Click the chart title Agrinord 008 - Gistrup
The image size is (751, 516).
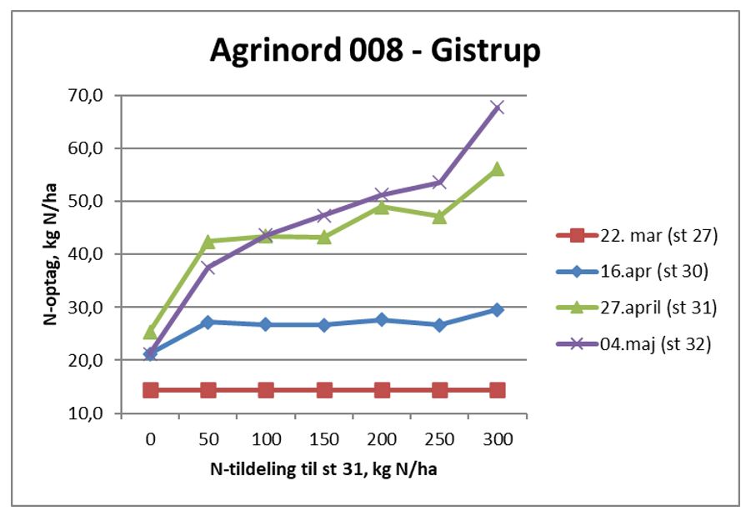click(x=374, y=51)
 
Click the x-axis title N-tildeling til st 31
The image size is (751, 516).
click(x=324, y=469)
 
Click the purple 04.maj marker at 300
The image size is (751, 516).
click(x=498, y=108)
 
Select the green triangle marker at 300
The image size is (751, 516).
click(x=498, y=169)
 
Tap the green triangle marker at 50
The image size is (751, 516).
click(x=208, y=242)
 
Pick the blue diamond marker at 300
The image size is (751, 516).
click(x=498, y=309)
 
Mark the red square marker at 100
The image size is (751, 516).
click(x=266, y=390)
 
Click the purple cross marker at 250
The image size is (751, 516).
click(x=440, y=183)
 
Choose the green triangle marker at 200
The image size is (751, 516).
click(x=382, y=207)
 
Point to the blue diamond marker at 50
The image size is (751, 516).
click(x=208, y=322)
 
